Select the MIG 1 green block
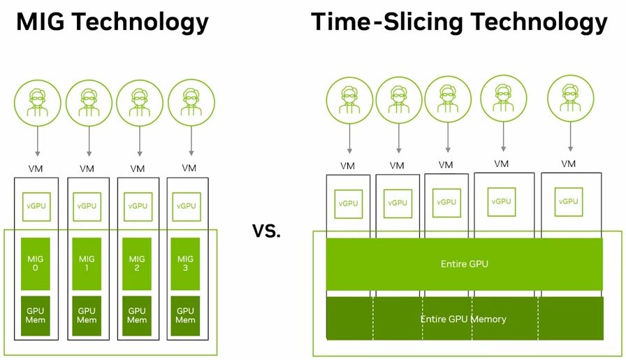click(x=87, y=263)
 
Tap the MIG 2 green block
click(x=137, y=263)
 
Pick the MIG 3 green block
click(x=185, y=263)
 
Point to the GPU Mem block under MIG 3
click(x=185, y=315)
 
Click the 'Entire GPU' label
click(x=464, y=264)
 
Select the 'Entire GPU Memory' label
click(x=463, y=319)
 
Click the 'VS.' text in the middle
click(x=266, y=231)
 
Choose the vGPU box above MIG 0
click(x=38, y=206)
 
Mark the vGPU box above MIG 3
click(x=186, y=206)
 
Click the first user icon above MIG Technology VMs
click(x=38, y=105)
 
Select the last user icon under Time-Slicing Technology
click(x=570, y=99)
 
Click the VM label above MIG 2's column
click(x=137, y=168)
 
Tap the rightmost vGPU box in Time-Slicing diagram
click(x=569, y=201)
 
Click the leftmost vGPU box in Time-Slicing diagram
click(x=348, y=203)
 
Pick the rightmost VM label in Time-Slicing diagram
click(x=569, y=164)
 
